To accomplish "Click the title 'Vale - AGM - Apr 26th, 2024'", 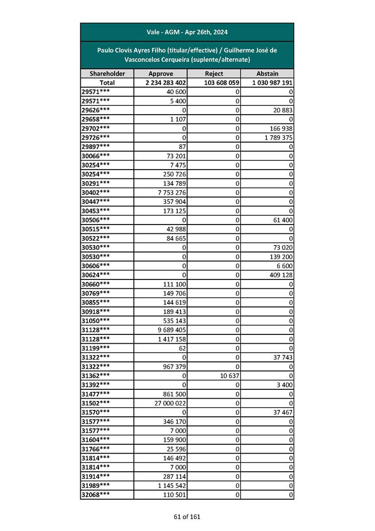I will (x=187, y=32).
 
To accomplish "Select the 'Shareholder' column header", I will (x=107, y=74).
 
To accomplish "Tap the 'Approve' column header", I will (x=161, y=74).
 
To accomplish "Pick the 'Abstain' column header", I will (x=267, y=74).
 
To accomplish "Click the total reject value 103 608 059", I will (x=221, y=83).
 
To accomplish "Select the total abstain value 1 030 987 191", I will (x=273, y=83).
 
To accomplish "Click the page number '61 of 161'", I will (x=187, y=516).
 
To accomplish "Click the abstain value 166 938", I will (x=281, y=128).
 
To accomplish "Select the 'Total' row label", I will (x=107, y=83).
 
